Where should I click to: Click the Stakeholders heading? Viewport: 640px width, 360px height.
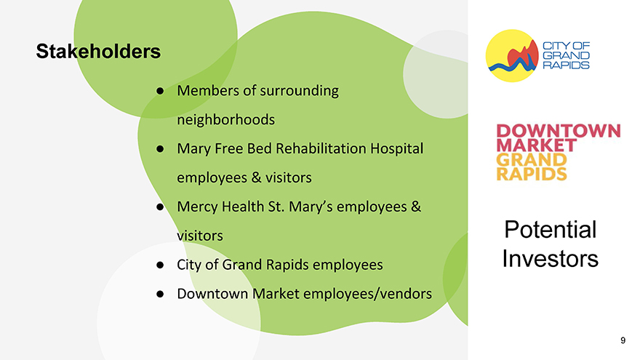98,52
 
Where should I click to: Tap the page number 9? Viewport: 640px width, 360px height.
623,340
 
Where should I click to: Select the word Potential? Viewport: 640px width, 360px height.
551,229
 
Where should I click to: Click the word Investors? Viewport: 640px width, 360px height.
551,258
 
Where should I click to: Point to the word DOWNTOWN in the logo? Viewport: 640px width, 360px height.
559,131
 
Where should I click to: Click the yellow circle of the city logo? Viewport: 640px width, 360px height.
512,55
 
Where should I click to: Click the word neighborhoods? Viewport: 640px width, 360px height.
225,120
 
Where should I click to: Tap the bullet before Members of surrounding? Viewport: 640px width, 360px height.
160,91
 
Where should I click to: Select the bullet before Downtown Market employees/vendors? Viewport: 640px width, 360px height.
160,294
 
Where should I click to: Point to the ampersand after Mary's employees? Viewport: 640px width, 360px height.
416,207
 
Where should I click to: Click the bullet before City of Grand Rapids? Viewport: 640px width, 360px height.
160,265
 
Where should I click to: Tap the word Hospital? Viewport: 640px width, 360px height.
397,148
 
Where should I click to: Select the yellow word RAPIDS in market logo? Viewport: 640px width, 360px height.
532,174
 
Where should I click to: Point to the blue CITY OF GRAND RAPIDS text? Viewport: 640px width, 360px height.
566,55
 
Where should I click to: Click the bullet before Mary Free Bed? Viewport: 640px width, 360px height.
160,148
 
